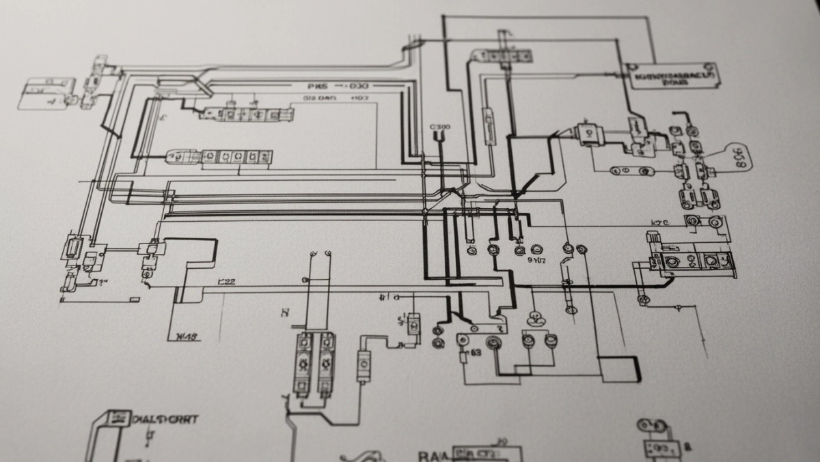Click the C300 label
pos(440,127)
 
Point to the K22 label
pos(226,280)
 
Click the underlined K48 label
pos(186,336)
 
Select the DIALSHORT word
pos(164,418)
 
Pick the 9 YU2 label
pos(538,260)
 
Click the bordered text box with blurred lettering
pos(672,78)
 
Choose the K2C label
pos(659,222)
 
